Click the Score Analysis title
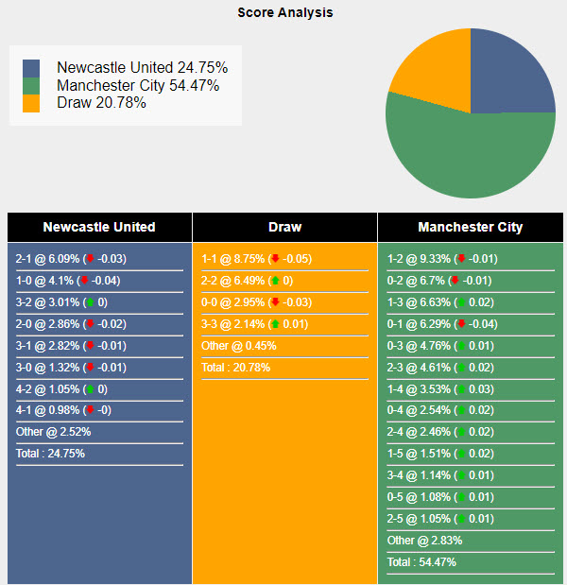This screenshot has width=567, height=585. click(x=284, y=13)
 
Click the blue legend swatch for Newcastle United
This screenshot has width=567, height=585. click(x=31, y=68)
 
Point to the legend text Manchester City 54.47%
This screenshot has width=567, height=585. click(x=138, y=86)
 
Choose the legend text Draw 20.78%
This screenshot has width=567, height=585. click(x=101, y=103)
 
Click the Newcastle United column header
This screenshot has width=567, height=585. click(x=99, y=227)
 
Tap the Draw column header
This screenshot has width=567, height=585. click(x=284, y=227)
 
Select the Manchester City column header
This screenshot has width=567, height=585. click(x=470, y=227)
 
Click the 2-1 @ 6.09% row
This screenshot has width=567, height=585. click(x=72, y=259)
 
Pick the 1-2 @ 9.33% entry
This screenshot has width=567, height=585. click(x=442, y=259)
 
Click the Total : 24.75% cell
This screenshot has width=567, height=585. click(x=51, y=454)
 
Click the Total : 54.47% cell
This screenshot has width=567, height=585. click(x=421, y=562)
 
